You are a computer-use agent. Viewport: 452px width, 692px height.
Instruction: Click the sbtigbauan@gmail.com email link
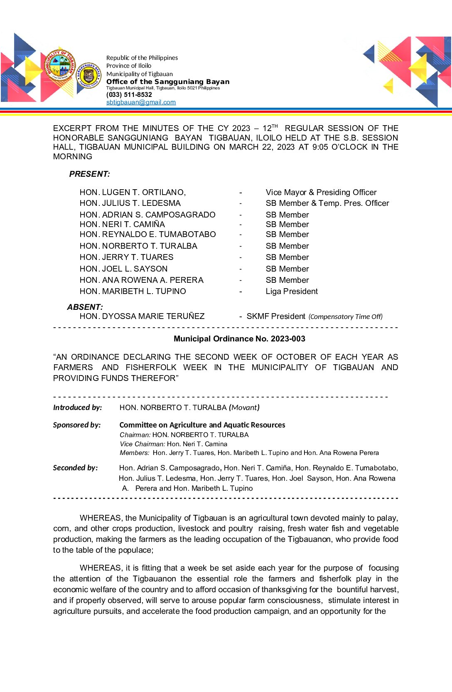[141, 102]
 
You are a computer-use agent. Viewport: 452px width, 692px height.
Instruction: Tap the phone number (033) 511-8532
[129, 95]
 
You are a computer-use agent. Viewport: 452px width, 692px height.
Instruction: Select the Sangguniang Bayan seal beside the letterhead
[88, 75]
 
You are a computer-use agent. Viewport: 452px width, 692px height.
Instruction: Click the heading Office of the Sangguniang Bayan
[168, 82]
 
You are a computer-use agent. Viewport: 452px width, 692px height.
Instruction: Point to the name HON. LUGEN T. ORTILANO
[133, 192]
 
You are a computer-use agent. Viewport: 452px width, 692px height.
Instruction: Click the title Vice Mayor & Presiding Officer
[321, 192]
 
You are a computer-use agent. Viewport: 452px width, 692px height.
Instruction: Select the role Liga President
[292, 292]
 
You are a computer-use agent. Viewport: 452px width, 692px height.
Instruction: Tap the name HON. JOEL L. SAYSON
[124, 269]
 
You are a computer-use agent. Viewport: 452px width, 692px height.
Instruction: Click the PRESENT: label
[89, 174]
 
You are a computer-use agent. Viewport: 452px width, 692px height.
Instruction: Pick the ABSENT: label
[85, 307]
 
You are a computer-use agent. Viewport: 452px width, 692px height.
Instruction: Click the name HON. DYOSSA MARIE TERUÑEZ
[142, 316]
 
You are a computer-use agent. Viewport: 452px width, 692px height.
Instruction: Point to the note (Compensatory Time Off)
[345, 317]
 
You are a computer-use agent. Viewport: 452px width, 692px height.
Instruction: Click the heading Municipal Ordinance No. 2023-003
[239, 339]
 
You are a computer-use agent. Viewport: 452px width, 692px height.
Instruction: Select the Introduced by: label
[77, 408]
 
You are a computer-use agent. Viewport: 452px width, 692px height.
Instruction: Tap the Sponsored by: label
[77, 425]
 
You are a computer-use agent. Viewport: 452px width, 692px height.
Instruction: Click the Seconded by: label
[75, 468]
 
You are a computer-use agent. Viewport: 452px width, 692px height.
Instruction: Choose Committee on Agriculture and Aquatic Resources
[202, 425]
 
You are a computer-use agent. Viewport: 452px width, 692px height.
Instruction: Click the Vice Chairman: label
[142, 444]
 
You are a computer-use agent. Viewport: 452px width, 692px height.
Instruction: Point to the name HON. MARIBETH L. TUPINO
[133, 292]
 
